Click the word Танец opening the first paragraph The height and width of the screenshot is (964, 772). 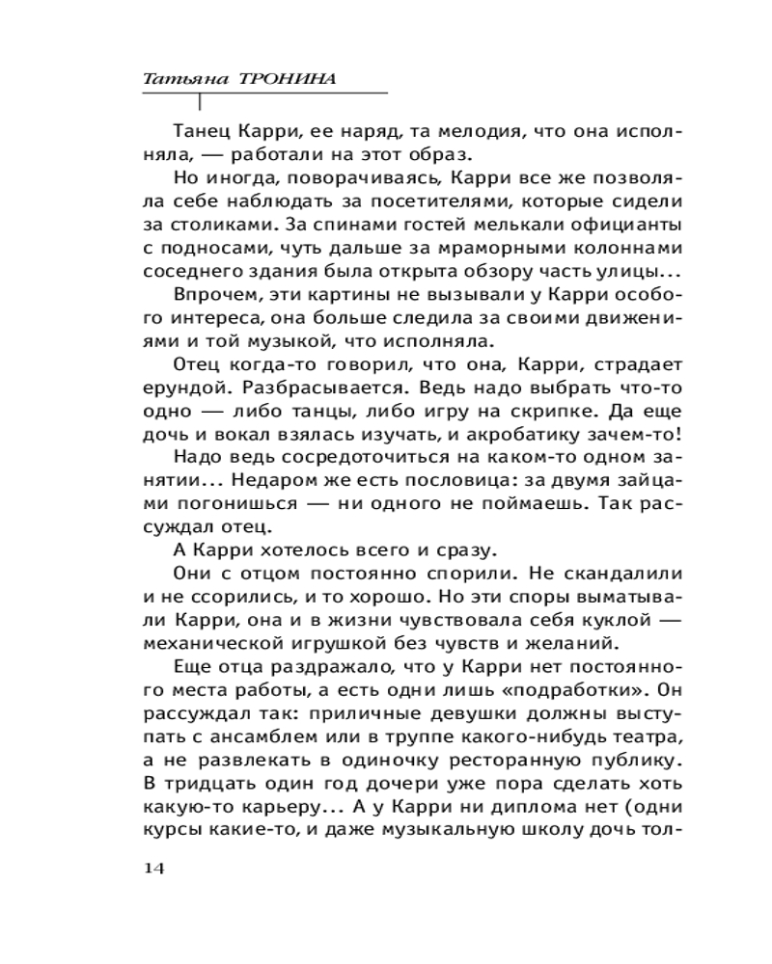(x=200, y=131)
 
